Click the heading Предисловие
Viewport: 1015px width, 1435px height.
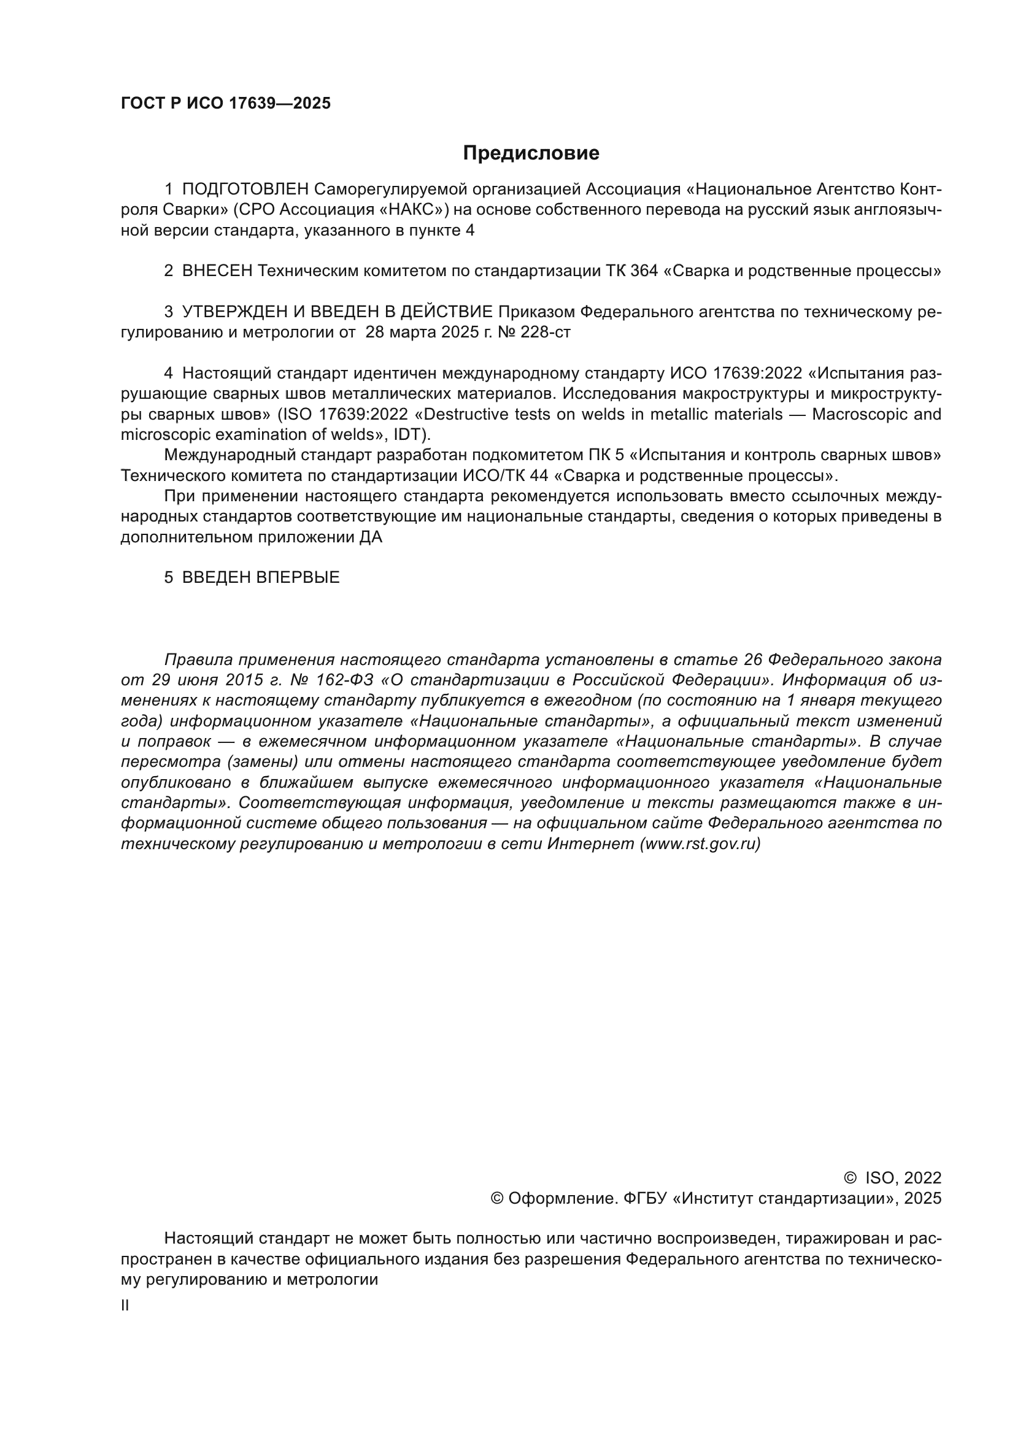click(x=531, y=153)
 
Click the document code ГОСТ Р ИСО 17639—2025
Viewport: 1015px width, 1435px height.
click(x=226, y=104)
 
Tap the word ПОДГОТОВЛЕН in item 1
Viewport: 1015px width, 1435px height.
click(x=245, y=189)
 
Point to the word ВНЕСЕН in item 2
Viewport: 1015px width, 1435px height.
click(x=217, y=271)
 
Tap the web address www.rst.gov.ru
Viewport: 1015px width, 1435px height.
click(x=700, y=844)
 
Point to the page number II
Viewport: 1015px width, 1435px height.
click(x=125, y=1306)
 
